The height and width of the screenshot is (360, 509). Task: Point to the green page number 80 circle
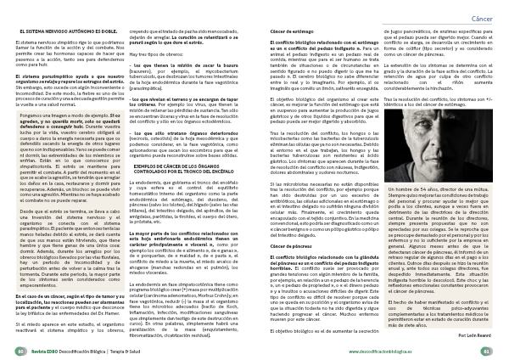pyautogui.click(x=19, y=349)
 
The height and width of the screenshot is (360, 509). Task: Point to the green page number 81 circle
pyautogui.click(x=490, y=349)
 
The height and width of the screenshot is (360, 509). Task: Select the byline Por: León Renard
pyautogui.click(x=478, y=335)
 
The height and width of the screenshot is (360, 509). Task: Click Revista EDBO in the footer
pyautogui.click(x=42, y=349)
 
